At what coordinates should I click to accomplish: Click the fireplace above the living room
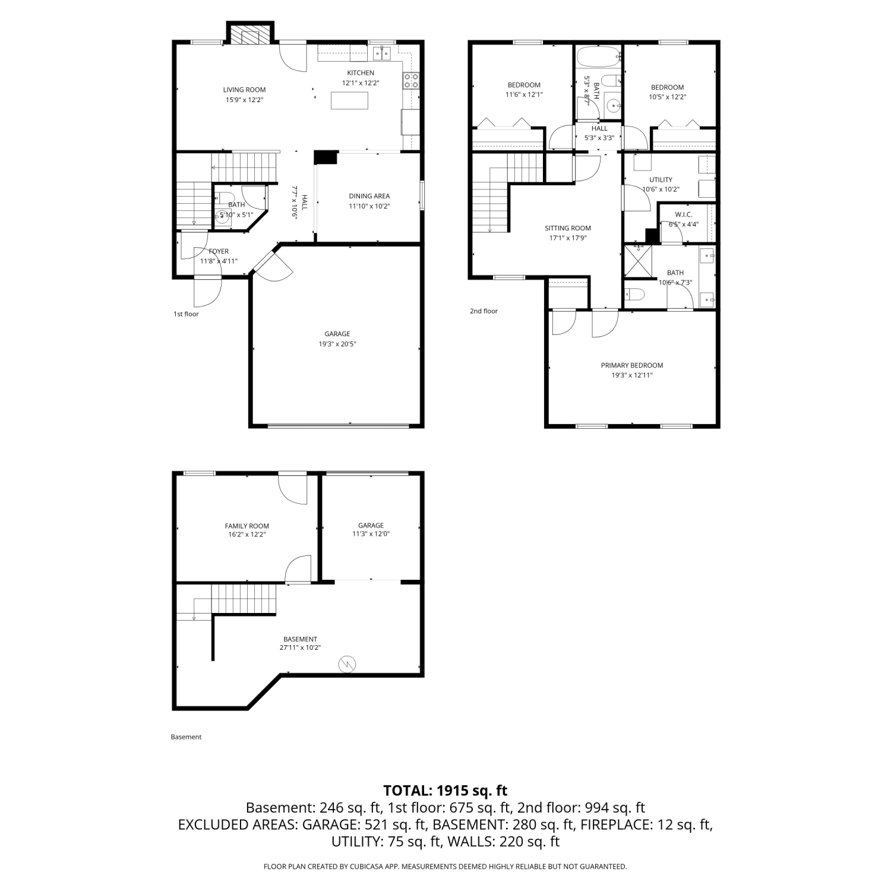[249, 33]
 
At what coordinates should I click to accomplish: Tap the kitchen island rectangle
[349, 100]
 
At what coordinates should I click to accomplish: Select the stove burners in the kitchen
[411, 81]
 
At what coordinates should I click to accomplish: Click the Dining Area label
[369, 196]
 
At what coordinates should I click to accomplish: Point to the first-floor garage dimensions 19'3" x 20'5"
[337, 344]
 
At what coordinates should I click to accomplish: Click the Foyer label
[219, 251]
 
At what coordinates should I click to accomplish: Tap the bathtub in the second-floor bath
[598, 58]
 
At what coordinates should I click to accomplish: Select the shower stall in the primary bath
[637, 261]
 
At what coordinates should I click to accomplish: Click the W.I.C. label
[684, 214]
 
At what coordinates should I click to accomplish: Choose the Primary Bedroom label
[632, 365]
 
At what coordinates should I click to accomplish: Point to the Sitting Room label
[568, 228]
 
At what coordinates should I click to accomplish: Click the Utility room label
[661, 179]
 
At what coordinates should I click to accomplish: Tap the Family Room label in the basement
[247, 526]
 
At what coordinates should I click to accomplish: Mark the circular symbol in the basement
[347, 664]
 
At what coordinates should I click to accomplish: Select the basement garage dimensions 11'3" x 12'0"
[371, 534]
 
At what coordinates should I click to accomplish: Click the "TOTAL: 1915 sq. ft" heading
[445, 791]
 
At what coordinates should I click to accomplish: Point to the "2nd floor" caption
[484, 311]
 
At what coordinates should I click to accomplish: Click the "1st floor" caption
[186, 314]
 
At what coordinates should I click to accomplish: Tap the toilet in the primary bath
[634, 295]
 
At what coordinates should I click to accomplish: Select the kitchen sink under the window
[382, 54]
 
